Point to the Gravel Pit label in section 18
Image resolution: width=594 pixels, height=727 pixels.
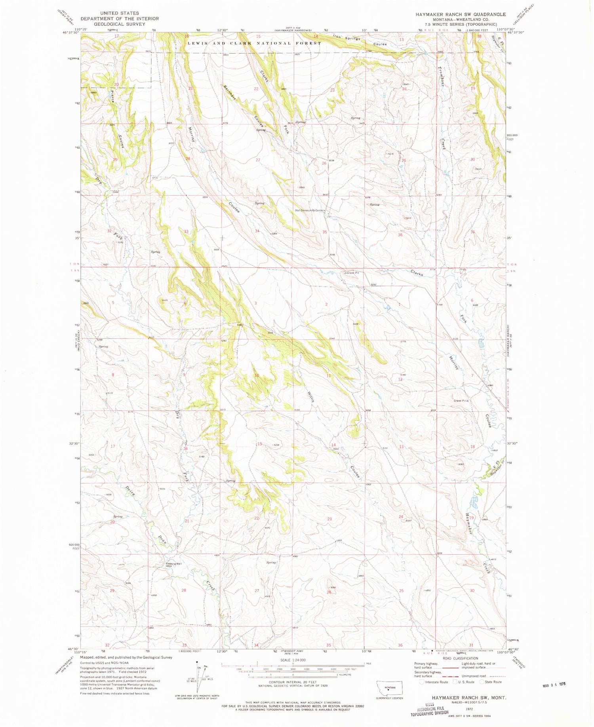pos(461,401)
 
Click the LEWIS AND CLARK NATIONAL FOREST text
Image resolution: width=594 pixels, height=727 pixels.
pos(254,43)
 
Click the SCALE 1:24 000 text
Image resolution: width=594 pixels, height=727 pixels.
pos(293,660)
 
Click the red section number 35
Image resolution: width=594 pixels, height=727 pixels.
pos(325,232)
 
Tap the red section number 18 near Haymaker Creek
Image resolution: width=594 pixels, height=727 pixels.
pos(472,447)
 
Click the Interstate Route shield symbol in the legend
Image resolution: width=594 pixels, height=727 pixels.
pos(422,682)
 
